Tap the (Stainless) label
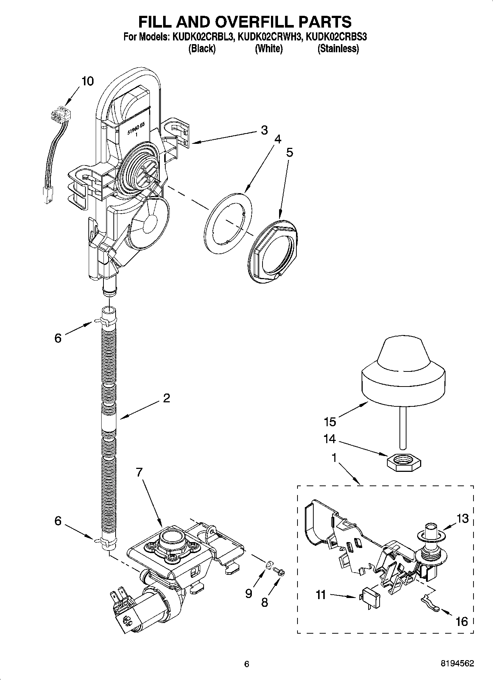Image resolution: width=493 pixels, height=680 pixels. [x=338, y=49]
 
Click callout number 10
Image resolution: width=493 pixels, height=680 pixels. [x=87, y=81]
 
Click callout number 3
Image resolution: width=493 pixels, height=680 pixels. [x=264, y=130]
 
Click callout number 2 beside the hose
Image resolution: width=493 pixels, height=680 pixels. [x=166, y=398]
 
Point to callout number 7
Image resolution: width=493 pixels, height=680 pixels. [x=139, y=473]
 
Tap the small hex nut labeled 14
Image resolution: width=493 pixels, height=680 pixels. [x=404, y=460]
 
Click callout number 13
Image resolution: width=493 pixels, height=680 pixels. [x=462, y=518]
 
